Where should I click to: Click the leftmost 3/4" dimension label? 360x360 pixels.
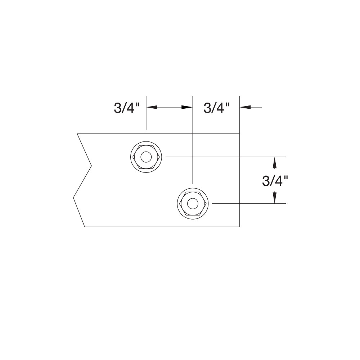(x=126, y=108)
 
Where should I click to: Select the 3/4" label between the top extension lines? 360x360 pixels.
(x=216, y=108)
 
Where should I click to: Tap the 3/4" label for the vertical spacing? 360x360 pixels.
(x=275, y=181)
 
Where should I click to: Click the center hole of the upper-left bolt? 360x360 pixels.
(x=146, y=157)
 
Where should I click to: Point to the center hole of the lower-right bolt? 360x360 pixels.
(x=193, y=204)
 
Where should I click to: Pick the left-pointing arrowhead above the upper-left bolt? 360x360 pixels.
(x=151, y=107)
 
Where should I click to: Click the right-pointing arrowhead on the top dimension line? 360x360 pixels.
(x=187, y=107)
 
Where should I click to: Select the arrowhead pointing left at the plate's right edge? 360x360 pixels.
(x=245, y=107)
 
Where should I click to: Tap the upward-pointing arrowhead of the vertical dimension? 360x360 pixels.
(x=275, y=162)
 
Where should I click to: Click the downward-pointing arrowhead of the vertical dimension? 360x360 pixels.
(x=275, y=198)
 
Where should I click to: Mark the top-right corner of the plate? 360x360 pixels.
(x=240, y=134)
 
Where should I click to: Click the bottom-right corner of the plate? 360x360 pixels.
(x=240, y=227)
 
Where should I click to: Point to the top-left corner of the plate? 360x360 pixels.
(x=77, y=134)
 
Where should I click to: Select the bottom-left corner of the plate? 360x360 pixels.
(x=85, y=227)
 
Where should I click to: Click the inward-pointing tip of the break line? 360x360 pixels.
(x=91, y=166)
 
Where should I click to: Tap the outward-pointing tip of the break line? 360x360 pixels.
(x=73, y=197)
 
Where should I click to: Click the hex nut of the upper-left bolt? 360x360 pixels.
(x=139, y=157)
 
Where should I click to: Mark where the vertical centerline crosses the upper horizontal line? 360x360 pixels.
(x=193, y=157)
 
